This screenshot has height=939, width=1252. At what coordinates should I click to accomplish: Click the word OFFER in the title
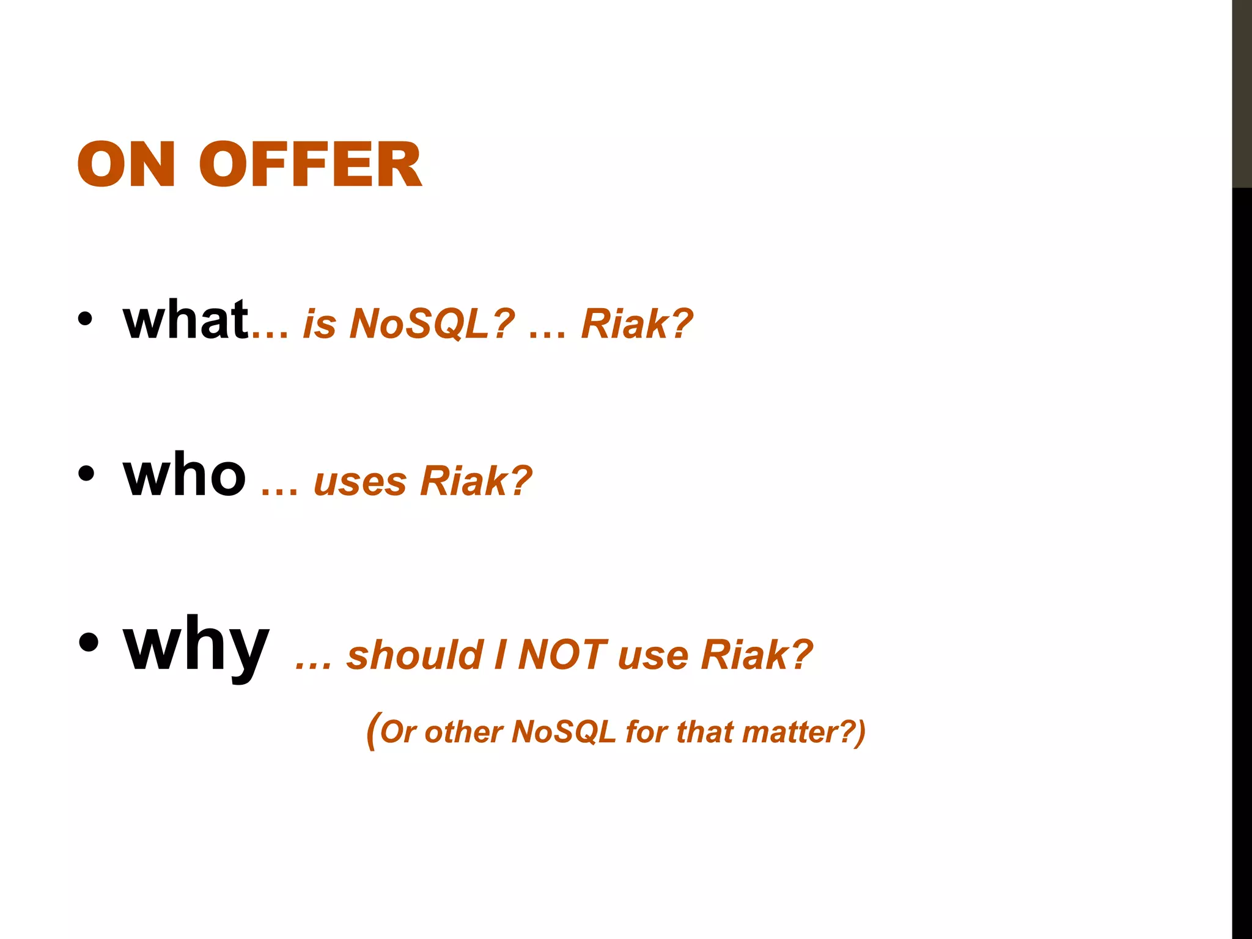click(310, 164)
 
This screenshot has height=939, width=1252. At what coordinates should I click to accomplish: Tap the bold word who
click(185, 476)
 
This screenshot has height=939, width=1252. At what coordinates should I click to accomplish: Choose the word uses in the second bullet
click(360, 482)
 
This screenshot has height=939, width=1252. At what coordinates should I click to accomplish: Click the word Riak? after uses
click(476, 481)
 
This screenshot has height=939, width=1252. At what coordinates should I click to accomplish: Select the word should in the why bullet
click(416, 655)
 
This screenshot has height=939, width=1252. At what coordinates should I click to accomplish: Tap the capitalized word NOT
click(562, 655)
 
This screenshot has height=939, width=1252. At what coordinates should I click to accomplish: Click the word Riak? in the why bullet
click(757, 655)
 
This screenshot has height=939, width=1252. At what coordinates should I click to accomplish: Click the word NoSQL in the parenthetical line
click(564, 732)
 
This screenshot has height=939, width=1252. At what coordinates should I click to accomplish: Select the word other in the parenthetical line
click(463, 732)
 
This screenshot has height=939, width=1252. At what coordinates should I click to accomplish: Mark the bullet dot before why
click(88, 643)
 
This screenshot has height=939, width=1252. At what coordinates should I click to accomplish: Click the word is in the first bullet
click(320, 323)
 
